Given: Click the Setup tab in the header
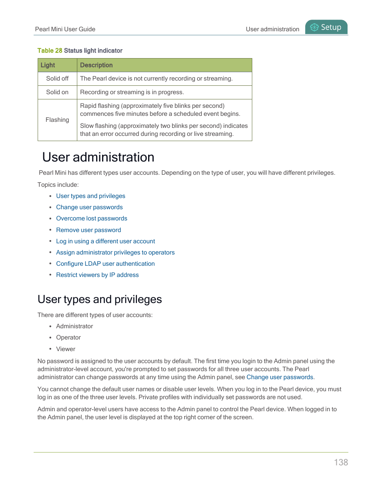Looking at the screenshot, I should coord(326,27).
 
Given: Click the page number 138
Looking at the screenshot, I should coord(341,462).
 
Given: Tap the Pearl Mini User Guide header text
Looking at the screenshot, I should coord(65,29).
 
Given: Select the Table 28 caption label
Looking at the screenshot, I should coord(50,51).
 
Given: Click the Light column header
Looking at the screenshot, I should coord(48,65).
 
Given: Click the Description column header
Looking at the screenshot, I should coord(97,65).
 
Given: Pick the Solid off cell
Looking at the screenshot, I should coord(57,79).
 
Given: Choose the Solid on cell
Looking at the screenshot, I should coord(57,92).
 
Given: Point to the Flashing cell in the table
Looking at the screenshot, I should coord(57,120).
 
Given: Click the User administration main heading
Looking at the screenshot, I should coord(98,157).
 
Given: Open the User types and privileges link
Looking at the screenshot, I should coord(90,196).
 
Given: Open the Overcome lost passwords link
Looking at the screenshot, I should coord(92,218).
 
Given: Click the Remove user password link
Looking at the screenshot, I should coord(88,230).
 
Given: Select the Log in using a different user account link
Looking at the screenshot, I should coord(105,241).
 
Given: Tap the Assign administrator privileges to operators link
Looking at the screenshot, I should coord(115,253).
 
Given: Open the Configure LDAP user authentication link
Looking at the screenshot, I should coord(105,264).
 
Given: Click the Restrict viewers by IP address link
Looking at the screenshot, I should coord(97,275).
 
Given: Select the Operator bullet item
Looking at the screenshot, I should coord(68,337).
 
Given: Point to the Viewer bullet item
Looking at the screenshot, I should coord(66,349).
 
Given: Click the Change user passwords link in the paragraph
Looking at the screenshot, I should coord(279,377).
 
